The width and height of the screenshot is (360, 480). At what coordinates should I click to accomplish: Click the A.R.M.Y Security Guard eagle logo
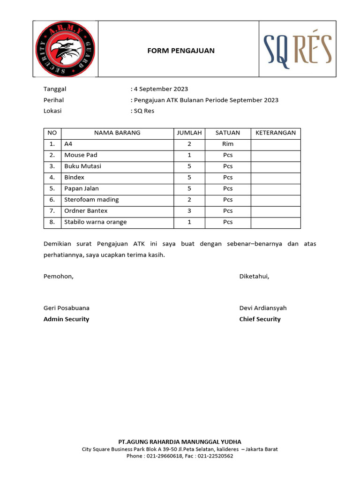click(66, 49)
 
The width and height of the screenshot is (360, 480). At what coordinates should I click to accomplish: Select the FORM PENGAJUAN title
click(181, 51)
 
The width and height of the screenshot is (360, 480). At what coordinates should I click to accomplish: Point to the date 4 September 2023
click(161, 89)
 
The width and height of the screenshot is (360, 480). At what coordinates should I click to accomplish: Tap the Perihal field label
click(53, 100)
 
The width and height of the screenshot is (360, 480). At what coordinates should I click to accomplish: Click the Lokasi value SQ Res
click(144, 111)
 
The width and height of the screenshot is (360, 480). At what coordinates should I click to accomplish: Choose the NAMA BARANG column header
click(117, 133)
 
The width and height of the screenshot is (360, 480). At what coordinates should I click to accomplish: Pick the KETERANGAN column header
click(276, 133)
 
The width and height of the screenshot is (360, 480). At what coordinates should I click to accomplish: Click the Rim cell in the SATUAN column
click(228, 144)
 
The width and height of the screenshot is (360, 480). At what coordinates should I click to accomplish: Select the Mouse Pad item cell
click(81, 155)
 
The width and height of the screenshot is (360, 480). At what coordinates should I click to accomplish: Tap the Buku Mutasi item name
click(83, 166)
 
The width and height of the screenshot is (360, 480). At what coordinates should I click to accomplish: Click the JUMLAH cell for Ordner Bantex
click(189, 211)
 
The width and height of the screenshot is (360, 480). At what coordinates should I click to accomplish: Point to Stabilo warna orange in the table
click(96, 222)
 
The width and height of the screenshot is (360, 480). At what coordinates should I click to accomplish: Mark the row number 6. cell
click(52, 200)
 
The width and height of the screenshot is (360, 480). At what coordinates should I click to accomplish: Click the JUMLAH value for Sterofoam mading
click(189, 200)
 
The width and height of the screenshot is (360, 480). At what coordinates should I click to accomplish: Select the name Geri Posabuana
click(67, 308)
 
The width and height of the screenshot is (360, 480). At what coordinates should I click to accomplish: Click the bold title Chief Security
click(260, 319)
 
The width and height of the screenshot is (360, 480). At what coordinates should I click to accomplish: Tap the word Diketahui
click(255, 276)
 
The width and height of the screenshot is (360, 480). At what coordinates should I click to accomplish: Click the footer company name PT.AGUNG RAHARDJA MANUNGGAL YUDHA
click(180, 442)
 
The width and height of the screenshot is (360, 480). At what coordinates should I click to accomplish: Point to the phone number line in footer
click(180, 456)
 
